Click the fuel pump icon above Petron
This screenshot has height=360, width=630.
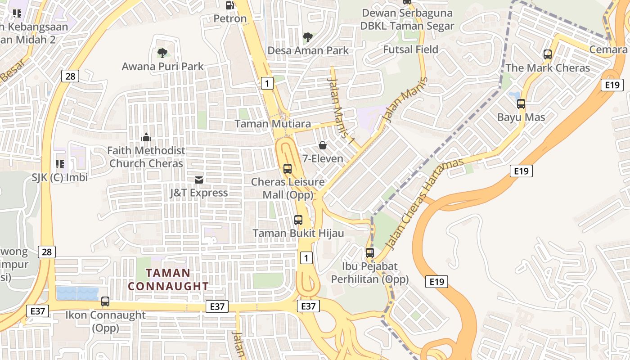tap(229, 5)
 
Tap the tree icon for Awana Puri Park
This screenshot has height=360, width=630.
tap(162, 53)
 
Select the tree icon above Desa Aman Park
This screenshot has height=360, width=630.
tap(308, 37)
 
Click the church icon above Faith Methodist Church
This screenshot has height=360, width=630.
tap(146, 137)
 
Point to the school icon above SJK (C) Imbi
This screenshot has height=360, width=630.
tap(59, 164)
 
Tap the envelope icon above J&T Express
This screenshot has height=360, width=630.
tap(198, 180)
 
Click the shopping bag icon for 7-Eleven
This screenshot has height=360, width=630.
tap(323, 145)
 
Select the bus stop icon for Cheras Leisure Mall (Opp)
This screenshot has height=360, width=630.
tap(287, 169)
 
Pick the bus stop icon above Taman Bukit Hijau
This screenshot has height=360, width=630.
tap(298, 220)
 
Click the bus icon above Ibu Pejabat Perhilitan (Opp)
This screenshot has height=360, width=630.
tap(370, 253)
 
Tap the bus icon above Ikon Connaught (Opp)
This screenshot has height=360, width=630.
tap(105, 301)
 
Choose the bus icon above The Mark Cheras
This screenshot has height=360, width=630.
tap(548, 54)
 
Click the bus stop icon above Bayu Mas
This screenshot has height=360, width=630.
tap(521, 104)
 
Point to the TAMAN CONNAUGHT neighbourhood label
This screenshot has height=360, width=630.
tap(168, 279)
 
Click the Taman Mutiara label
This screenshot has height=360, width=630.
tap(273, 124)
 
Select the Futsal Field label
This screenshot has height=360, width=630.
tap(410, 49)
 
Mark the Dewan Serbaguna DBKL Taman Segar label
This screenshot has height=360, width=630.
tap(407, 19)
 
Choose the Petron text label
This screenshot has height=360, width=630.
tap(230, 19)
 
